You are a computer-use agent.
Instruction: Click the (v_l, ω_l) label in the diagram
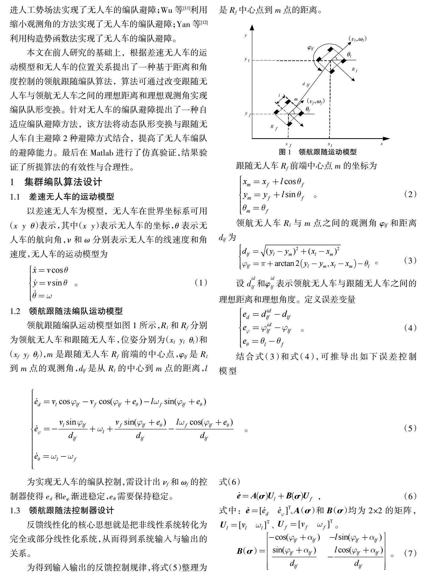click(357, 39)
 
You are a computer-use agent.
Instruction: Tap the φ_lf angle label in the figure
click(310, 48)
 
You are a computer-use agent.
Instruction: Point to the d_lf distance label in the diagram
click(306, 85)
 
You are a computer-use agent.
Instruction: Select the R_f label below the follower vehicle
click(274, 127)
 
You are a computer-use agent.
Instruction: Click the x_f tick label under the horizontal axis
click(288, 145)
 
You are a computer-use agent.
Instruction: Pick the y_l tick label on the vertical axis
click(247, 60)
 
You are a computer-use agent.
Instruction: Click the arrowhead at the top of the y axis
click(252, 27)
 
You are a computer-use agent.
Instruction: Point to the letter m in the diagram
click(296, 99)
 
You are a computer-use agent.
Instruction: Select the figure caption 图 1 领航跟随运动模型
click(318, 152)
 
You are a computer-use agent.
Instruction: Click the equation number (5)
click(410, 428)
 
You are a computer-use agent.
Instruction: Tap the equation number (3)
click(410, 260)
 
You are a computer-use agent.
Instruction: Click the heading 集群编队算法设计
click(63, 182)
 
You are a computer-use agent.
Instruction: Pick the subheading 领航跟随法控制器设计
click(71, 510)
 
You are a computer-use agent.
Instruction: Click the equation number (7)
click(410, 553)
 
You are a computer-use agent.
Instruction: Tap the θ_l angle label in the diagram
click(349, 54)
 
